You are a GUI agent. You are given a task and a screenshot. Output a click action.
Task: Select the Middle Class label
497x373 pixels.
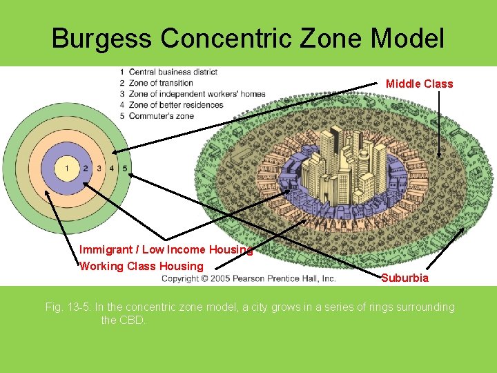click(419, 84)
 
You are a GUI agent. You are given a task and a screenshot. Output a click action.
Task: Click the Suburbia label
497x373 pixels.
click(405, 278)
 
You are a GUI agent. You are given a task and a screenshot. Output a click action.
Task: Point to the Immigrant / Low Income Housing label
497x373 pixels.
click(166, 250)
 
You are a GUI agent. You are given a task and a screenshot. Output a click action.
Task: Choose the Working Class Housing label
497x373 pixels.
click(142, 266)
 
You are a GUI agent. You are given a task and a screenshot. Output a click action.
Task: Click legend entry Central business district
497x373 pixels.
click(173, 72)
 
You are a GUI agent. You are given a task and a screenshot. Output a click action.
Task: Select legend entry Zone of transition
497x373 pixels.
click(161, 83)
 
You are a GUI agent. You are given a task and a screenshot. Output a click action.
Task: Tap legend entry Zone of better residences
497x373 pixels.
click(176, 105)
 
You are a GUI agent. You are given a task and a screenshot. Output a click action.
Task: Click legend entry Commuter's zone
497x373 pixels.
click(161, 115)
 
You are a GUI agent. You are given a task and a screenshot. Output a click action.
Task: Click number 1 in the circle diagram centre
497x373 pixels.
click(67, 168)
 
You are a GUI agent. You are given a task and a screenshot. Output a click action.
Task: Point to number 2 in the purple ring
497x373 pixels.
click(86, 168)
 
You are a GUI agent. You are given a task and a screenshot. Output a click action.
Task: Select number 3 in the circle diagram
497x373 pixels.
click(99, 168)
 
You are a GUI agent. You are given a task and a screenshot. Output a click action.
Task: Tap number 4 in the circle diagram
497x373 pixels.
click(111, 168)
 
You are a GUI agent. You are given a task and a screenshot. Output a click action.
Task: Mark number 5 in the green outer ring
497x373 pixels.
click(124, 168)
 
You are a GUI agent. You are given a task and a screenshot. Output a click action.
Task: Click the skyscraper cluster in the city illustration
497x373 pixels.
click(338, 166)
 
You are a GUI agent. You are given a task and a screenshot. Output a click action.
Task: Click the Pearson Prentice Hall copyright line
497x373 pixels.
click(248, 278)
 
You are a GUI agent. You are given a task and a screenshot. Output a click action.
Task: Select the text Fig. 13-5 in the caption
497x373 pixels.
click(68, 307)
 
